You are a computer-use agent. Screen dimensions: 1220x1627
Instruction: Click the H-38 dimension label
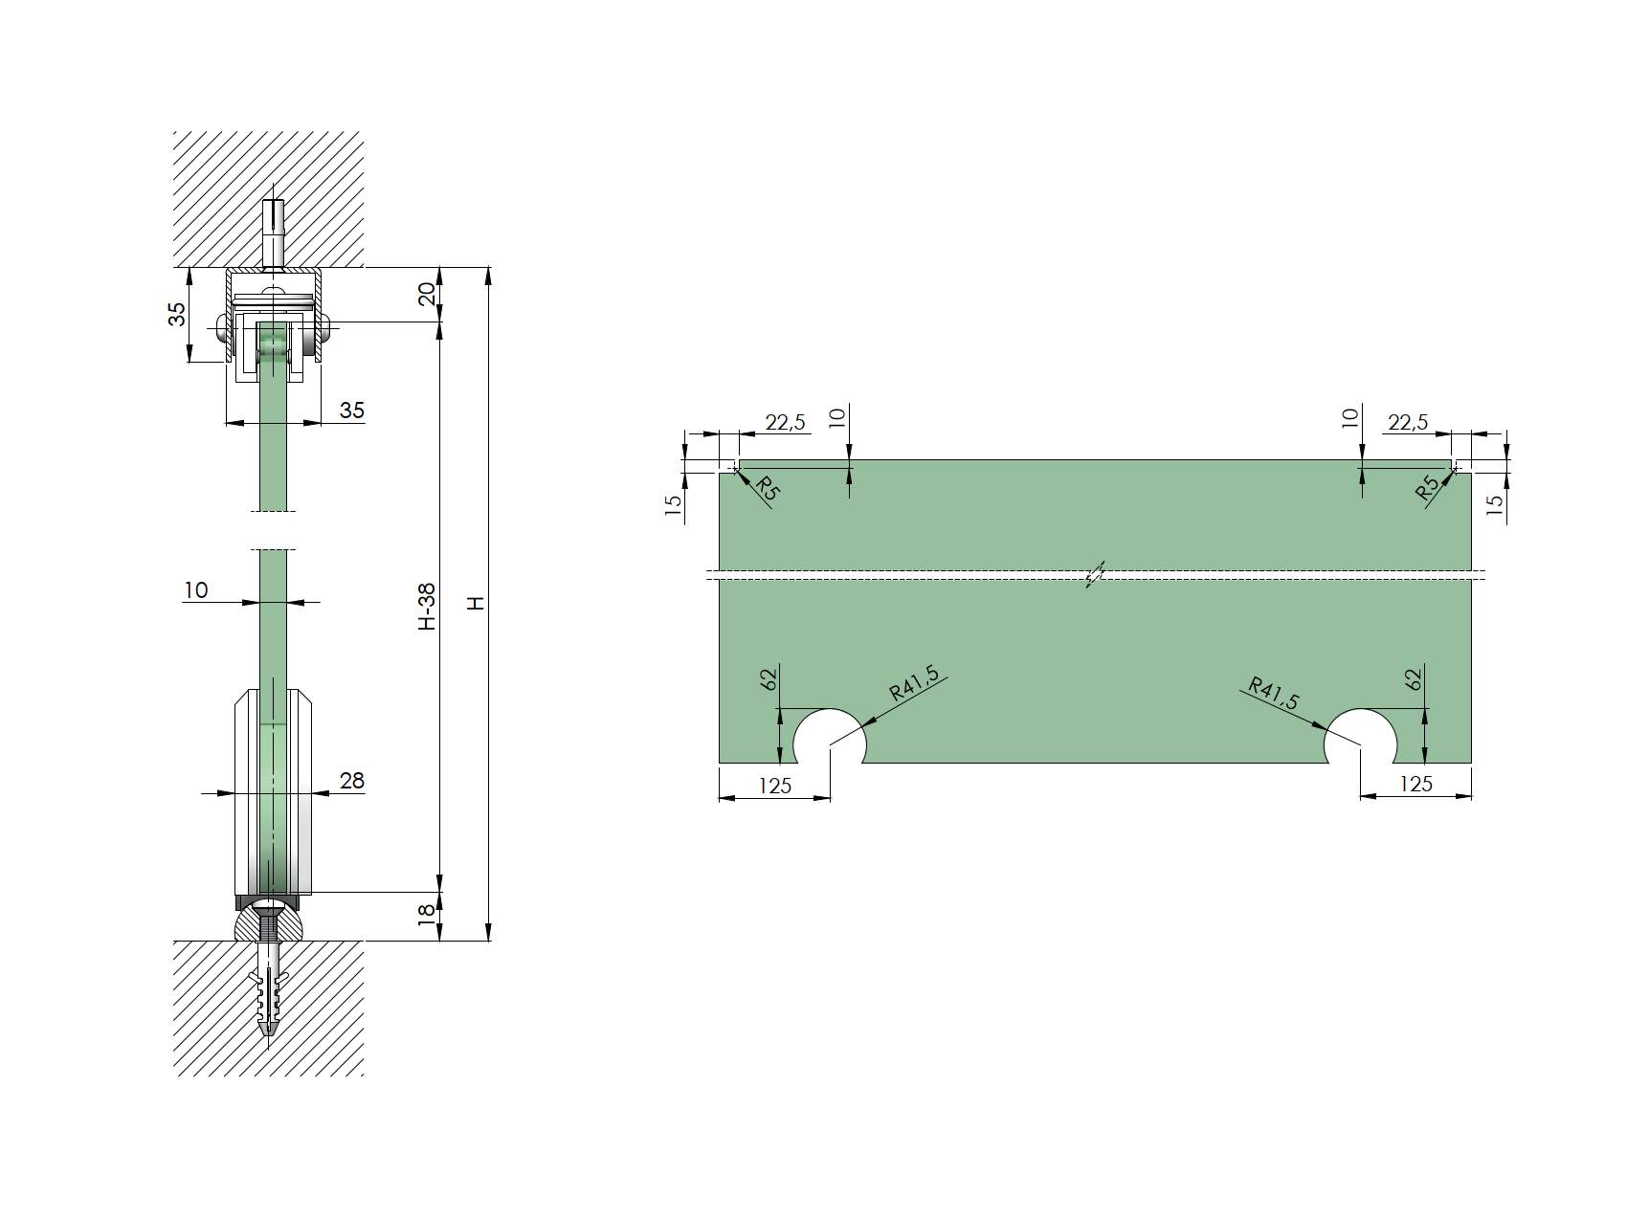coord(427,607)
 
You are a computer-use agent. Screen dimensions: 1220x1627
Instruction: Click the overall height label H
coord(475,603)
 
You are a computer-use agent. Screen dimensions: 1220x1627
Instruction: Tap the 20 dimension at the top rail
coord(427,294)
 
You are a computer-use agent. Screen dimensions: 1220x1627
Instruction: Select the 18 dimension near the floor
coord(427,914)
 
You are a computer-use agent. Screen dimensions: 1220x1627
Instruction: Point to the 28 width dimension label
coord(351,781)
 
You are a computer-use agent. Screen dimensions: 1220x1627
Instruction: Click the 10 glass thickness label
coord(195,590)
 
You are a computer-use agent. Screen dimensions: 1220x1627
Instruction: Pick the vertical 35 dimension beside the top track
coord(178,314)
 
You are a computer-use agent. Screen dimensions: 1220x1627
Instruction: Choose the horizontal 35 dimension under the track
coord(351,410)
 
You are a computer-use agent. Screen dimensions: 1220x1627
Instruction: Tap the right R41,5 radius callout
coord(1274,694)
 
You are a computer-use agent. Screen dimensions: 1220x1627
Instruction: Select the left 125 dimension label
coord(774,787)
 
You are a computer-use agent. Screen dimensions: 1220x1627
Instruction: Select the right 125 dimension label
coord(1415,785)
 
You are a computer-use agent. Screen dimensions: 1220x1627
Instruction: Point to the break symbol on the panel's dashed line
coord(1095,574)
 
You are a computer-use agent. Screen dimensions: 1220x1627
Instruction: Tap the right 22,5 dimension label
coord(1407,422)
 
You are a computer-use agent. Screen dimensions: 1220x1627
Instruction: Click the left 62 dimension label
coord(769,679)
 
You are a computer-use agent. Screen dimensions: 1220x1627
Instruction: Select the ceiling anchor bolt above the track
coord(274,232)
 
